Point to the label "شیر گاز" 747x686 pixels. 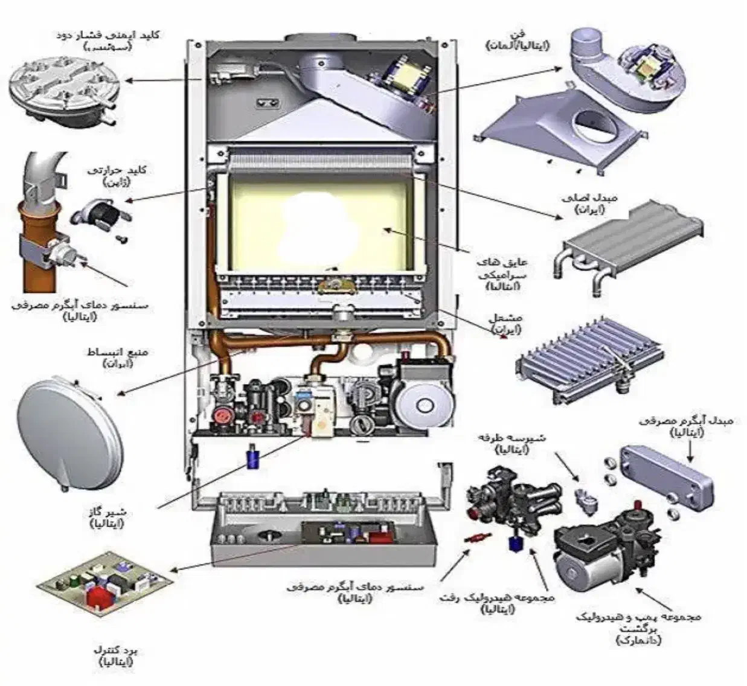[x=106, y=513]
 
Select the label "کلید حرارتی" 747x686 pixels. [x=124, y=170]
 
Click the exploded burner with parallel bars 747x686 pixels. [x=589, y=363]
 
